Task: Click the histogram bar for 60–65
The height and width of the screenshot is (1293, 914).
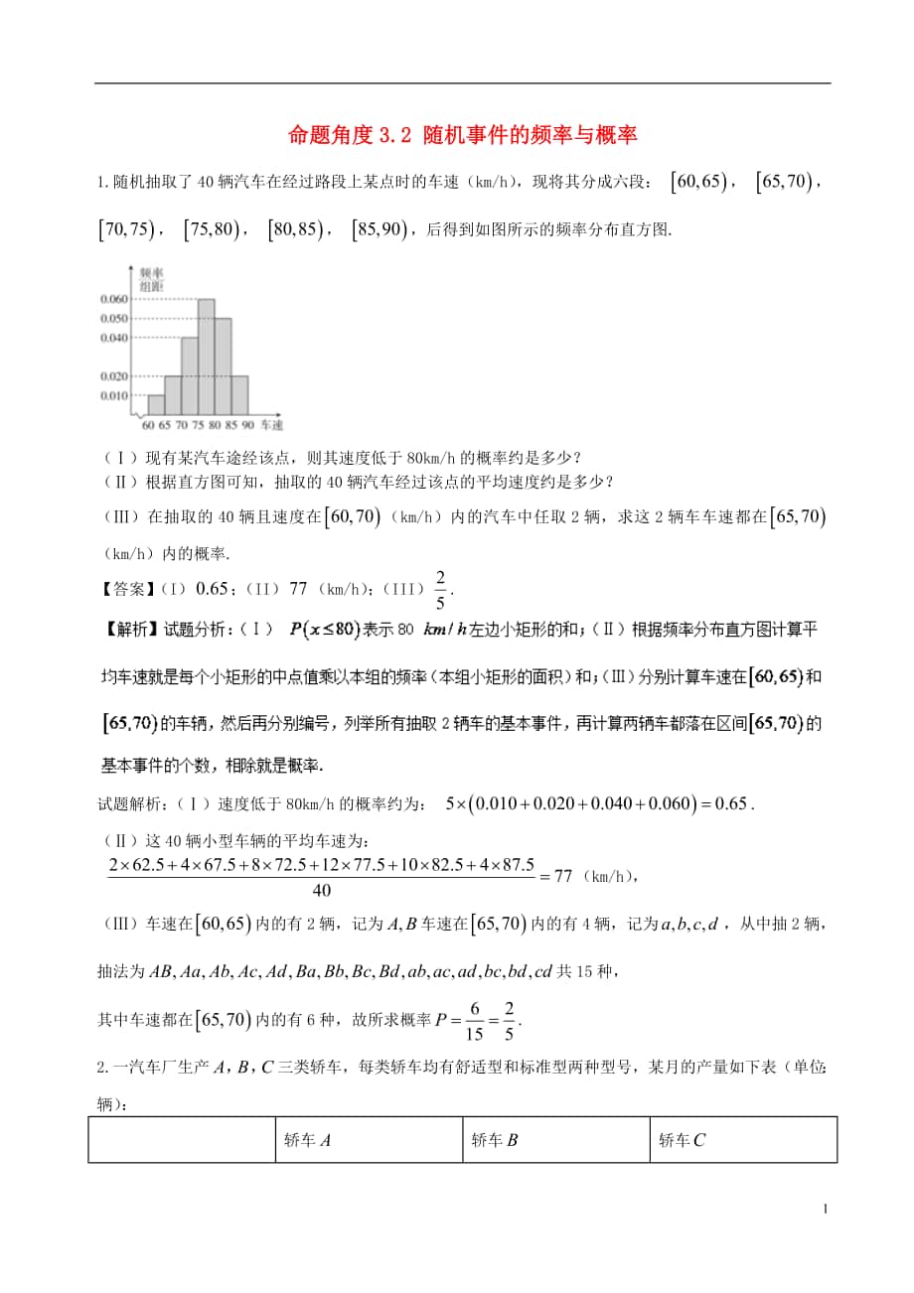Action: click(x=156, y=404)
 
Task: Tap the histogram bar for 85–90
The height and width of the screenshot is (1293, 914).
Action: click(x=239, y=394)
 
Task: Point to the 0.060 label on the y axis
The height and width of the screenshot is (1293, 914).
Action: click(x=114, y=299)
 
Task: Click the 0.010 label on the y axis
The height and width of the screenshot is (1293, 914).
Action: click(x=114, y=395)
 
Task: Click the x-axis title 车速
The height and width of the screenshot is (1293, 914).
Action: click(x=270, y=425)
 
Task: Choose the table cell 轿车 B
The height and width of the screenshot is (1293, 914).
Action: click(x=495, y=1140)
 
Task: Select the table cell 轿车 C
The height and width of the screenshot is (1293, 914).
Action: click(x=682, y=1140)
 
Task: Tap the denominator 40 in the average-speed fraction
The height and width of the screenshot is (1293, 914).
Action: click(x=323, y=890)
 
